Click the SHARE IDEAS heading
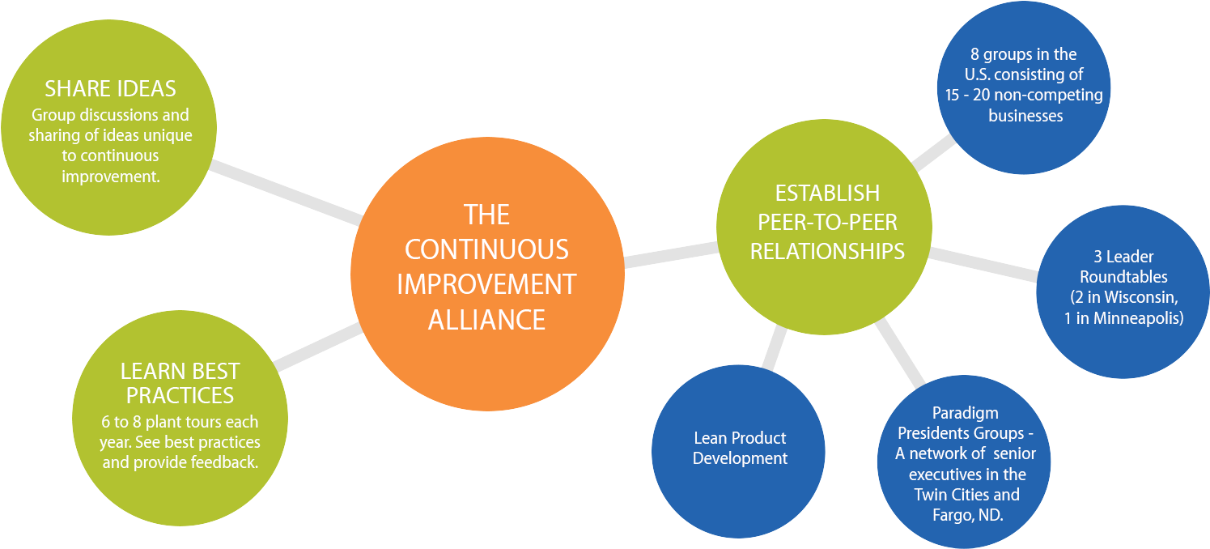[x=110, y=88]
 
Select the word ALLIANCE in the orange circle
[x=486, y=319]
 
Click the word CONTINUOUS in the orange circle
[x=486, y=249]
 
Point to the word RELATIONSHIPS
[x=827, y=251]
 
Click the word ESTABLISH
[x=827, y=194]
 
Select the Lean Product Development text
[x=740, y=448]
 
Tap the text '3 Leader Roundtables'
[x=1123, y=266]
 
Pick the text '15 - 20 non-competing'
[x=1025, y=96]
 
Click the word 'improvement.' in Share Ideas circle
[x=110, y=176]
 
